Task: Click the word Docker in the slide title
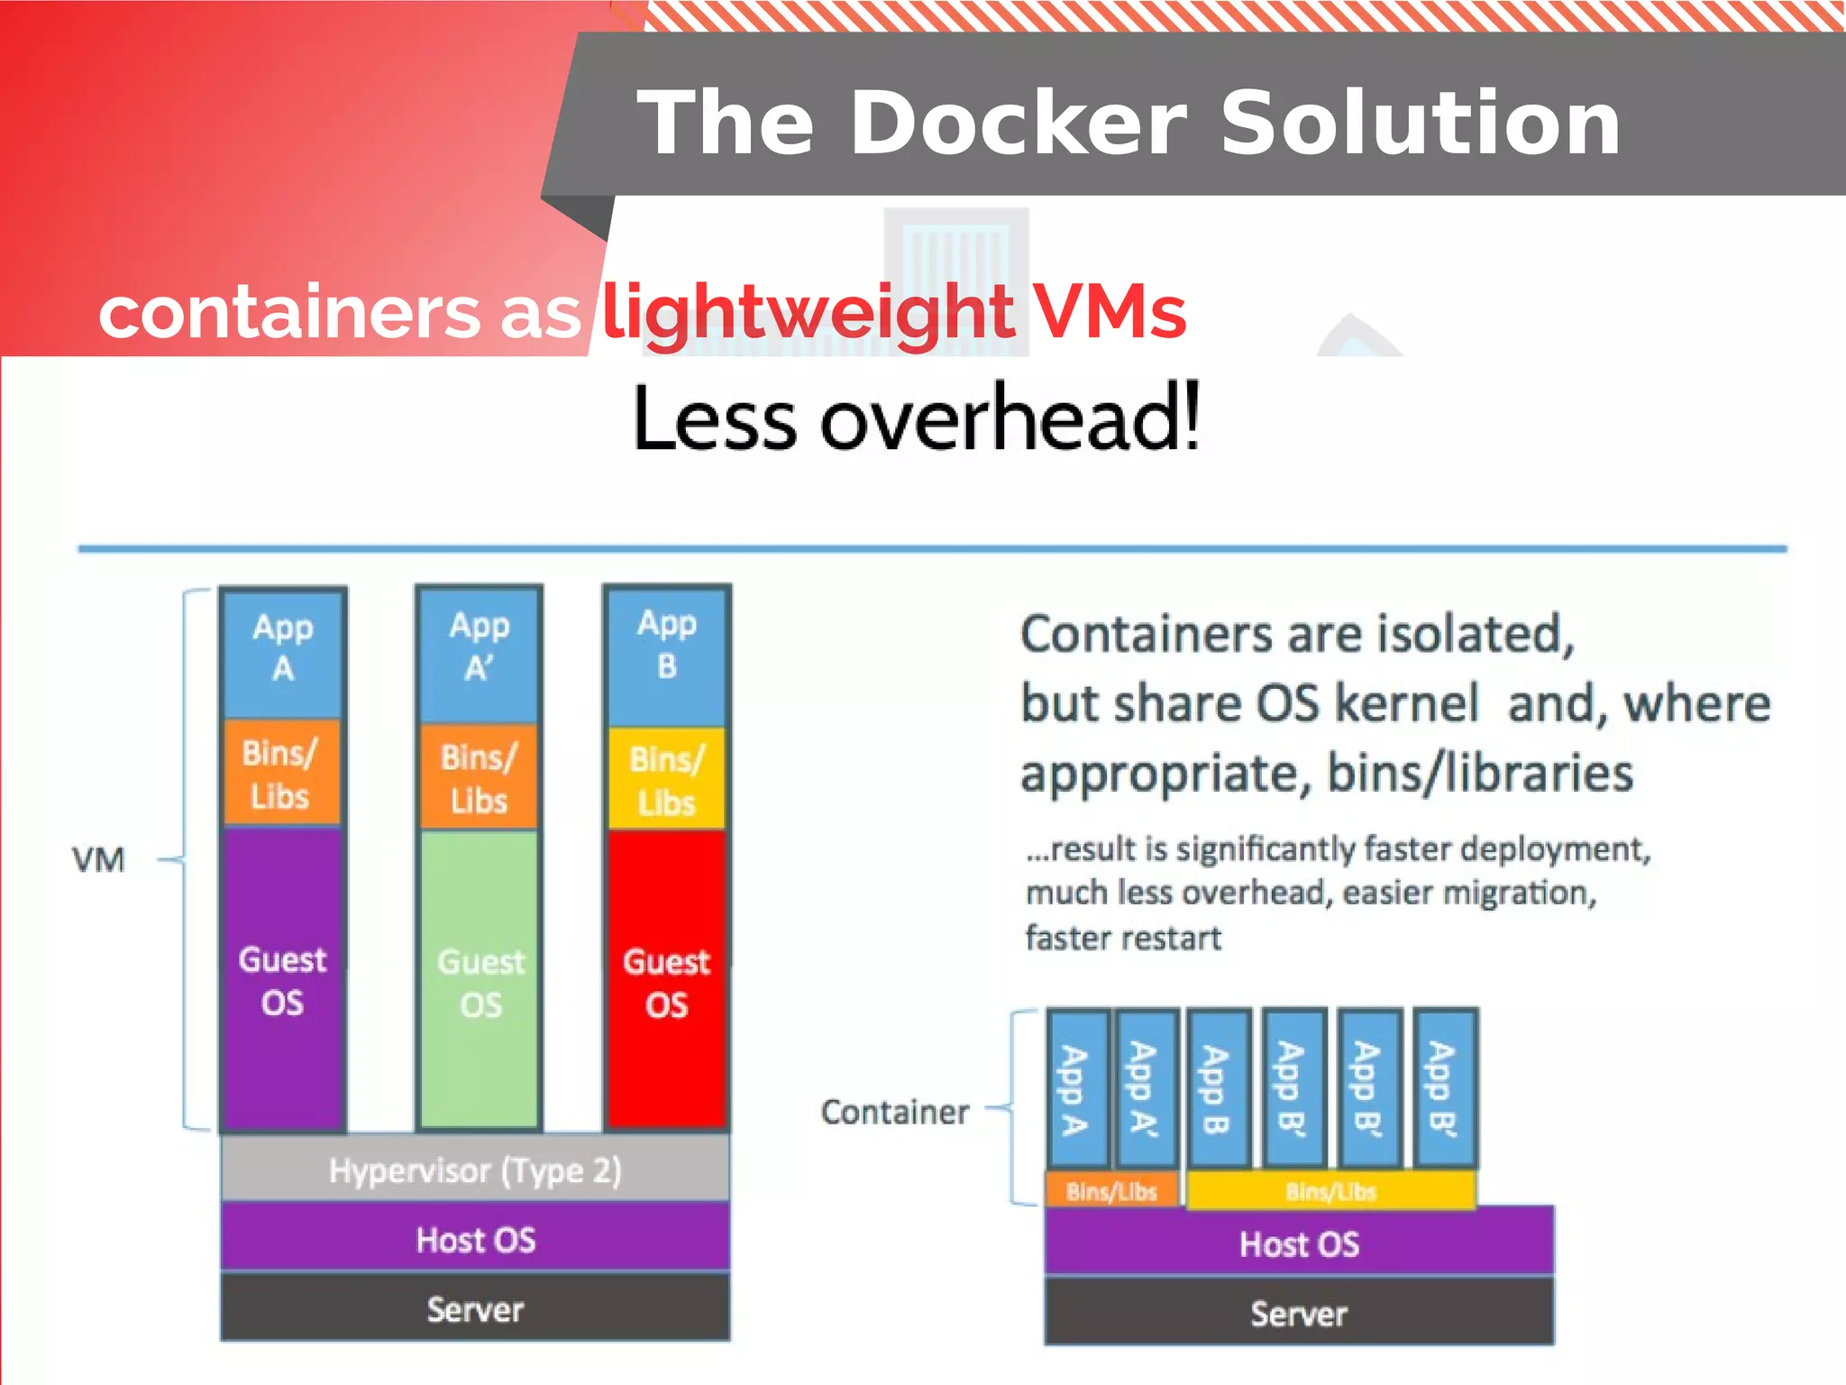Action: coord(1019,124)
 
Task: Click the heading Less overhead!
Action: coord(916,418)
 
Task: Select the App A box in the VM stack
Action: coord(283,649)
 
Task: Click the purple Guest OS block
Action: coord(283,980)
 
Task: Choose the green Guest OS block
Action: coord(480,982)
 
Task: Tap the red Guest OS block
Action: coord(667,982)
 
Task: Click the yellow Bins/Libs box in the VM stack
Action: coord(667,780)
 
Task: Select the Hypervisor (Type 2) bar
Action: coord(475,1169)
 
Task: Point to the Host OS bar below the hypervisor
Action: coord(475,1239)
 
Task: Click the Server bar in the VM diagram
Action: coord(475,1308)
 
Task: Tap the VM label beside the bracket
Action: coord(98,860)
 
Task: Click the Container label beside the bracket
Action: coord(895,1112)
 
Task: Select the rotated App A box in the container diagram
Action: coord(1076,1088)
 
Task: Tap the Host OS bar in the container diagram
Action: coord(1299,1243)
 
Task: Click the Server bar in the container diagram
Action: coord(1299,1313)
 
